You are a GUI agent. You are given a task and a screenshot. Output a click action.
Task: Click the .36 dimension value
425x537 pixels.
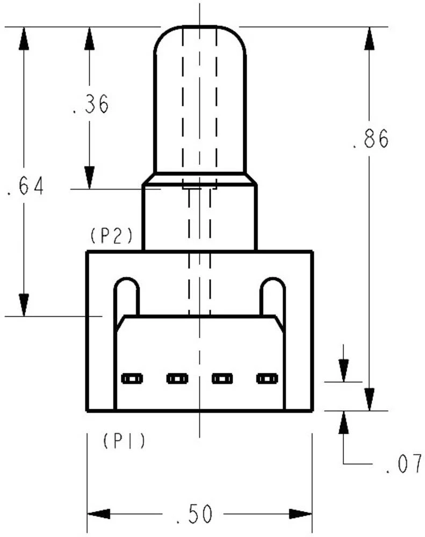click(91, 104)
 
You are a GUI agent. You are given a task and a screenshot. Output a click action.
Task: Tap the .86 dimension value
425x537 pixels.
click(370, 139)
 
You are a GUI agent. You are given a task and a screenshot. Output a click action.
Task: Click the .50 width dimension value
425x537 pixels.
click(195, 514)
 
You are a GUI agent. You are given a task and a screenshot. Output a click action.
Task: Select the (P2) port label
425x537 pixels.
click(110, 236)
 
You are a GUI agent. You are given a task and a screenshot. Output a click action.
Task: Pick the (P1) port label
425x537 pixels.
click(124, 441)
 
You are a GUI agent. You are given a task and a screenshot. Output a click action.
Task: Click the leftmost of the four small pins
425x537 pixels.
click(132, 379)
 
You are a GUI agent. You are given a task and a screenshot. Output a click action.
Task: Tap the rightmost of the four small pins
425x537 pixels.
click(267, 379)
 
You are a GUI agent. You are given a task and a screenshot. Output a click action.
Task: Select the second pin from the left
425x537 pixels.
click(177, 379)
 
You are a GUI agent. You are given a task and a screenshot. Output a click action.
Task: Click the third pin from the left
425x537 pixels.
click(222, 379)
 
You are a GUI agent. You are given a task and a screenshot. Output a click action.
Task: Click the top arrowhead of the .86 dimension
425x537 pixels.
click(369, 38)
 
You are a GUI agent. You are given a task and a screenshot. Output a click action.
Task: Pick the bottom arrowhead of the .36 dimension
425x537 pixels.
click(89, 178)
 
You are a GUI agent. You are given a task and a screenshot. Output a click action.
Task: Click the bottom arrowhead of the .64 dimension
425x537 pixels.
click(24, 305)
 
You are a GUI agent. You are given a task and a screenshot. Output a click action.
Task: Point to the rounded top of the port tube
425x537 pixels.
click(200, 32)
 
